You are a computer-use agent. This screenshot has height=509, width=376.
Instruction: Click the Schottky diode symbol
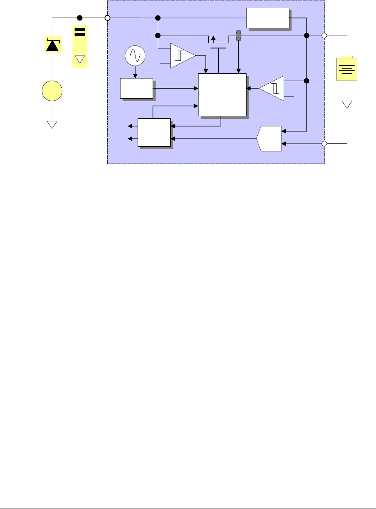point(52,45)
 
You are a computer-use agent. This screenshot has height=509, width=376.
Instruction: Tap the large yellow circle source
point(52,91)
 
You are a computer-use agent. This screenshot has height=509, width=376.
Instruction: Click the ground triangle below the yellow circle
point(52,124)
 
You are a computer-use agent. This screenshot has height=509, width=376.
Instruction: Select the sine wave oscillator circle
point(135,55)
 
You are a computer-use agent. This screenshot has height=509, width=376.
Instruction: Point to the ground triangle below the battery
point(347,105)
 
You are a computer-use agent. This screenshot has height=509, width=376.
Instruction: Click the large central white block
point(222,94)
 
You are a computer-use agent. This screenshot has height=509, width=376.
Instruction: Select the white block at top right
point(268,18)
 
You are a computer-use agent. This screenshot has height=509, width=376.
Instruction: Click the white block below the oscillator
point(136,89)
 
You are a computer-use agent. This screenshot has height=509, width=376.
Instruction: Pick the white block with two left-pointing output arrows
point(154,132)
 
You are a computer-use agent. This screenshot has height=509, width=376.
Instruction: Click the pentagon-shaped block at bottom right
point(269,139)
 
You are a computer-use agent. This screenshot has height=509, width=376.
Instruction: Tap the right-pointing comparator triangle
point(181,55)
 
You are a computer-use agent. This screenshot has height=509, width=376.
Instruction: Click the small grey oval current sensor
point(239,35)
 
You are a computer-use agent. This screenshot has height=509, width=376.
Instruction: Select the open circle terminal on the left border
point(108,18)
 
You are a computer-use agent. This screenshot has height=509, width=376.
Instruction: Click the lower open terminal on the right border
point(325,144)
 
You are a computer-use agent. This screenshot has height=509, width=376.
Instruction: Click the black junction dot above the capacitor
point(79,18)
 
